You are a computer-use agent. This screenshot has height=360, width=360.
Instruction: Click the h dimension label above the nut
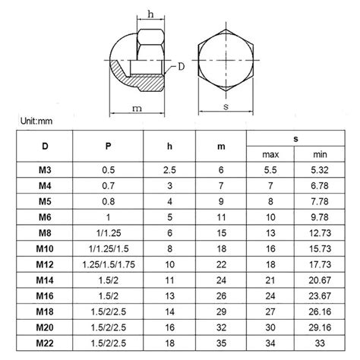click(150, 14)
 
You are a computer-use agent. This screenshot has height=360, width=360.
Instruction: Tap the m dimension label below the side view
click(137, 109)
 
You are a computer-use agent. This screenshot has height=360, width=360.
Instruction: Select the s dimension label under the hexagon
click(226, 106)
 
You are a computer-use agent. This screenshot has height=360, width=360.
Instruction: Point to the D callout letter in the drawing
click(182, 67)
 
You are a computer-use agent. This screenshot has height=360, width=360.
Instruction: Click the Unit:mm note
click(36, 121)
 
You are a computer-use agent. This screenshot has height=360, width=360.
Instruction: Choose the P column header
click(108, 146)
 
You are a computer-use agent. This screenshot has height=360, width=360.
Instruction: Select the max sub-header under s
click(270, 154)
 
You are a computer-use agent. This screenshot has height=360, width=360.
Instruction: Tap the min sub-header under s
click(320, 154)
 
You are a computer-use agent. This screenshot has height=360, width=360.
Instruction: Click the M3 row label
click(45, 170)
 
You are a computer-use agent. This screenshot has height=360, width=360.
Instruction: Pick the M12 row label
click(45, 264)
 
